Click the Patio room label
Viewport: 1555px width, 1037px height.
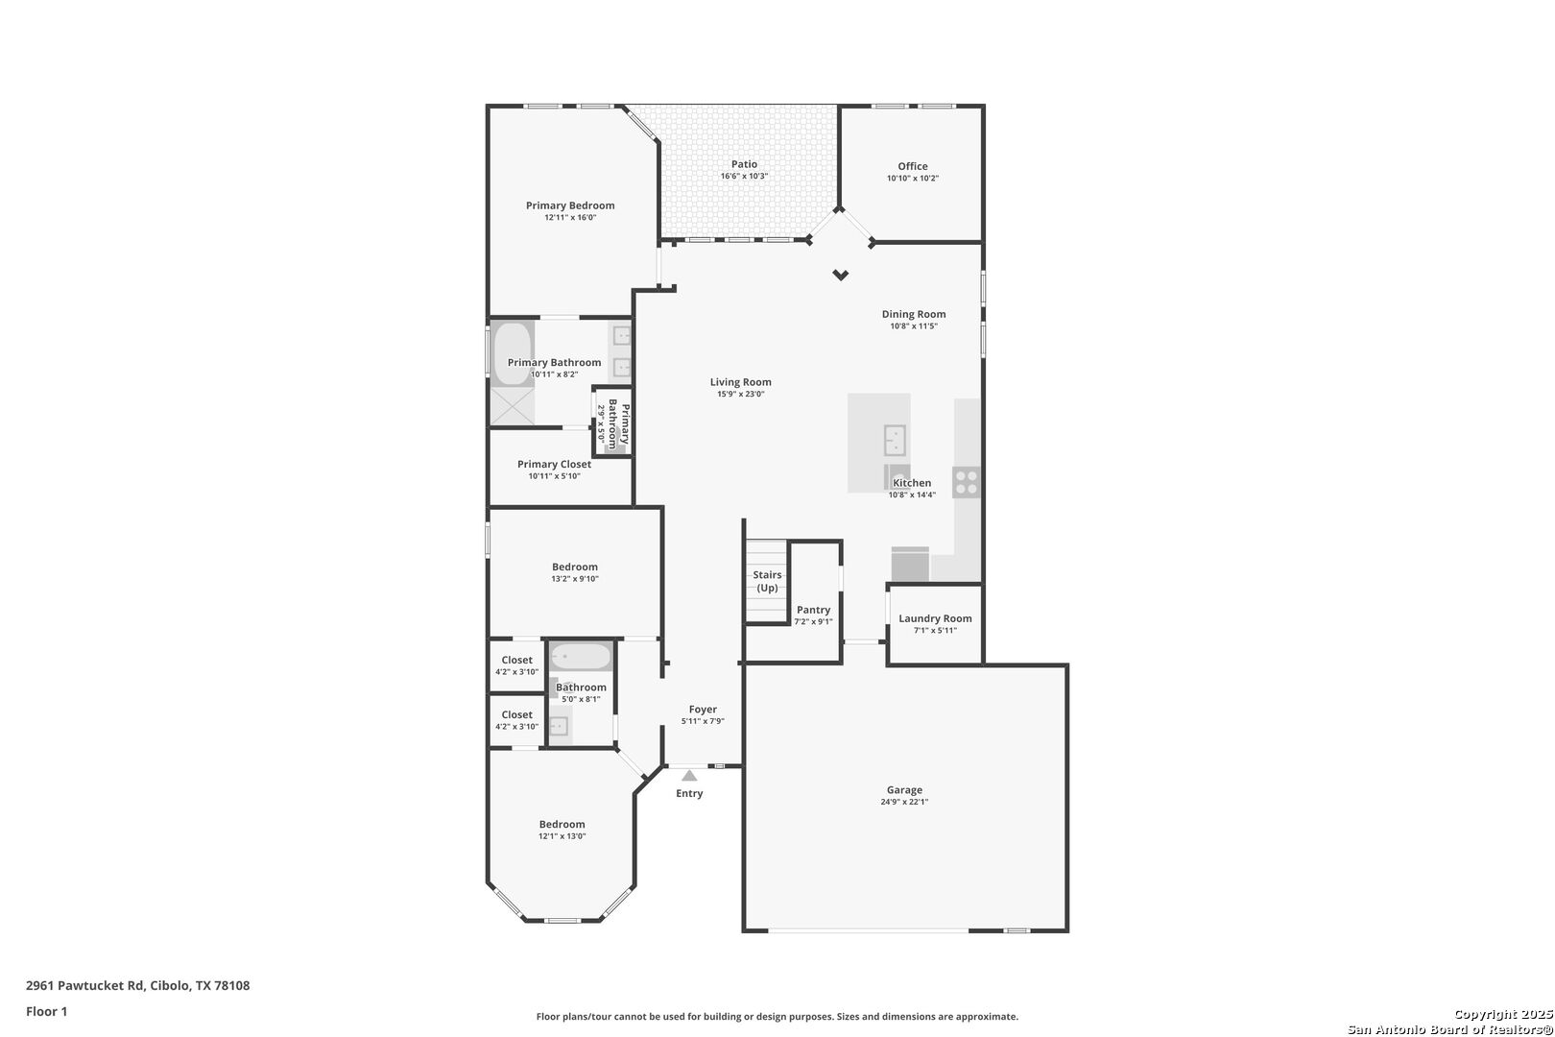coord(744,164)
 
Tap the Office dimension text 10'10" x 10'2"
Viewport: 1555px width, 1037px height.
coord(912,179)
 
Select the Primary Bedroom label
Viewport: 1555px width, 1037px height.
coord(570,205)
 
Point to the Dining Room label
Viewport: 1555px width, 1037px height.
coord(914,315)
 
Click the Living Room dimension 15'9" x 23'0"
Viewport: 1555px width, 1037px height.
coord(741,395)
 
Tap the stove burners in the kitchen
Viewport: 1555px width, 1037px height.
coord(967,482)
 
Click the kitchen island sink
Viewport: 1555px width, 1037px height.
coord(895,439)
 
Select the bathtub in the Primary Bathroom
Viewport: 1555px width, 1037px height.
coord(513,353)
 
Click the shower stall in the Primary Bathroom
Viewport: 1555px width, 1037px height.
coord(513,406)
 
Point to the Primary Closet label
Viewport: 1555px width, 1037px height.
coord(554,465)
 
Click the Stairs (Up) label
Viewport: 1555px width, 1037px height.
coord(767,581)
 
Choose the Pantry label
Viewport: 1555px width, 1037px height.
coord(814,610)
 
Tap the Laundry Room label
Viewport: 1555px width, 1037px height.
coord(935,619)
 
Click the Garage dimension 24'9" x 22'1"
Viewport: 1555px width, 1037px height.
coord(904,802)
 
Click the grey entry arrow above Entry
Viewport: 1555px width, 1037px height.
coord(689,776)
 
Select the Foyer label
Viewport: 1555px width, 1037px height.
coord(703,710)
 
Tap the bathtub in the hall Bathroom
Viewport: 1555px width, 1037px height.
coord(581,657)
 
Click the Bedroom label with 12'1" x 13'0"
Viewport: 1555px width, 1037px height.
coord(562,825)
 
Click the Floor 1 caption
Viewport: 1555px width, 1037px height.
coord(46,1012)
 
